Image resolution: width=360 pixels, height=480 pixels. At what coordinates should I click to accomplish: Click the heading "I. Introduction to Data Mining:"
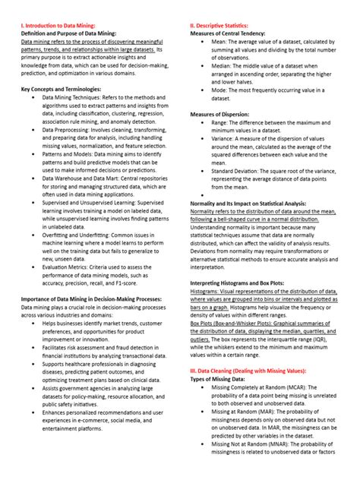(63, 25)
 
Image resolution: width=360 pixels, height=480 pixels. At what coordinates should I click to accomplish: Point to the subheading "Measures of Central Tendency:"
(231, 33)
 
